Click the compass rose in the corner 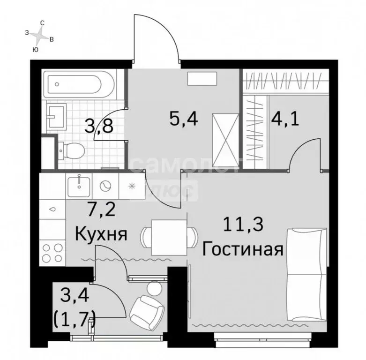coord(41,34)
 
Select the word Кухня coord(102,233)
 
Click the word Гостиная coord(242,248)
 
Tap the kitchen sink coord(78,186)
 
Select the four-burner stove coord(53,253)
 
